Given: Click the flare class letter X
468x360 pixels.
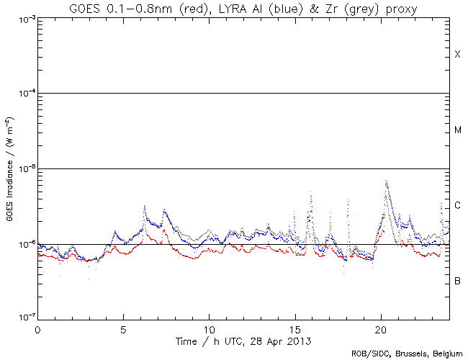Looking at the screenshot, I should [457, 55].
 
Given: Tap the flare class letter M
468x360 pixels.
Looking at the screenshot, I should [457, 130].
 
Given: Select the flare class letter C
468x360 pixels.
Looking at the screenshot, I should [457, 206].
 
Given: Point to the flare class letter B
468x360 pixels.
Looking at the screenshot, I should [457, 281].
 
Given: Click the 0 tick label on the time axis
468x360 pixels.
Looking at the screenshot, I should [37, 328].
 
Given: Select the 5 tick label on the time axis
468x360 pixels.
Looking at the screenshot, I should [123, 328].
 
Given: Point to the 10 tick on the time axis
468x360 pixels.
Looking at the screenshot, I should [209, 328].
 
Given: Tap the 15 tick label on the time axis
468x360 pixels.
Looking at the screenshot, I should [295, 328].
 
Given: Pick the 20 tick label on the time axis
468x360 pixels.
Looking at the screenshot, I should [381, 328].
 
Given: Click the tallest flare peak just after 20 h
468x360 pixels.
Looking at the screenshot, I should [387, 181].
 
